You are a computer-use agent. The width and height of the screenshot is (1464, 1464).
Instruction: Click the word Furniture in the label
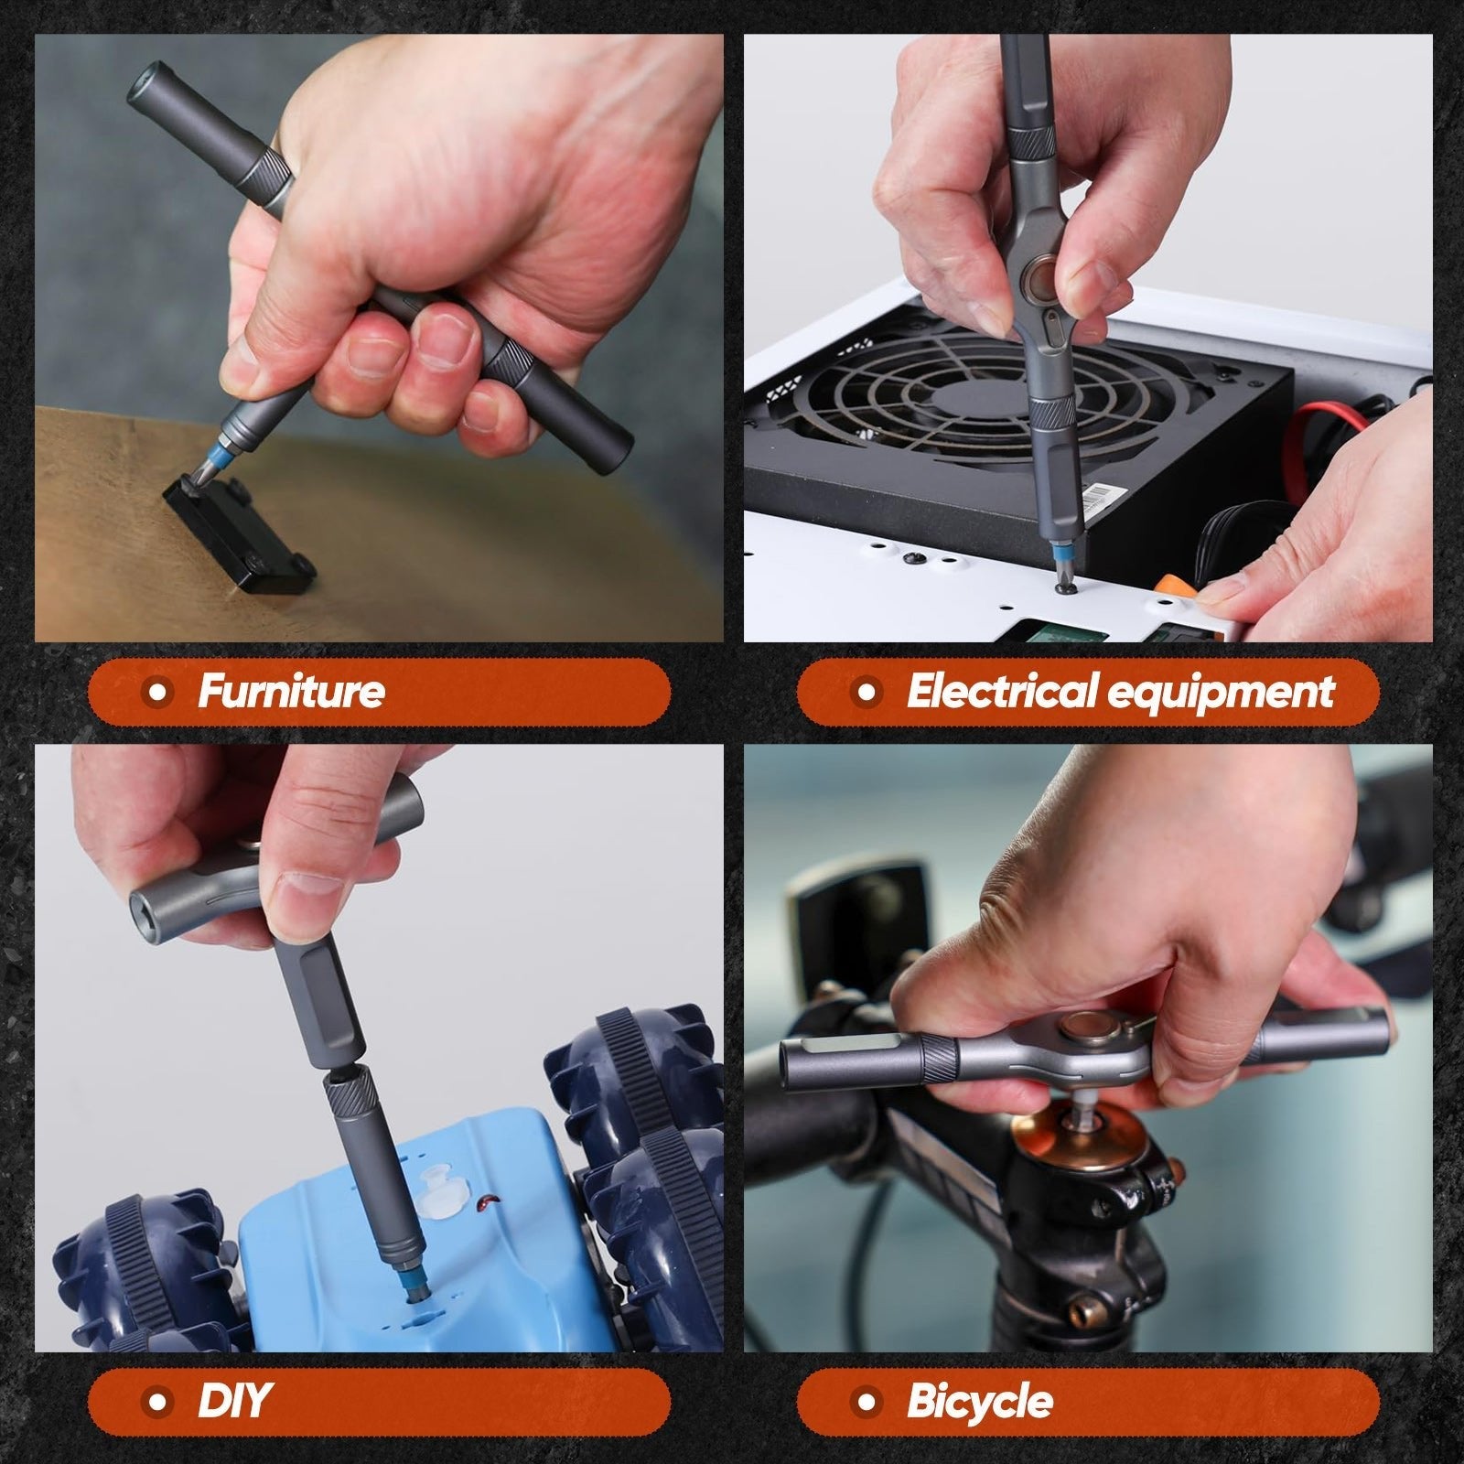[291, 691]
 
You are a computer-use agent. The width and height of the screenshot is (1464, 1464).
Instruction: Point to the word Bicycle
[979, 1402]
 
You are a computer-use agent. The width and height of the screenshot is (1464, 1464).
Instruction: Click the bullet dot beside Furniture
[159, 692]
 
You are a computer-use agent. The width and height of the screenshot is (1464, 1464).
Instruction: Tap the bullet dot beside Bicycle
[867, 1402]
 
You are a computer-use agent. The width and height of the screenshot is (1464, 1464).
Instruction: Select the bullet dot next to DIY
[159, 1402]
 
